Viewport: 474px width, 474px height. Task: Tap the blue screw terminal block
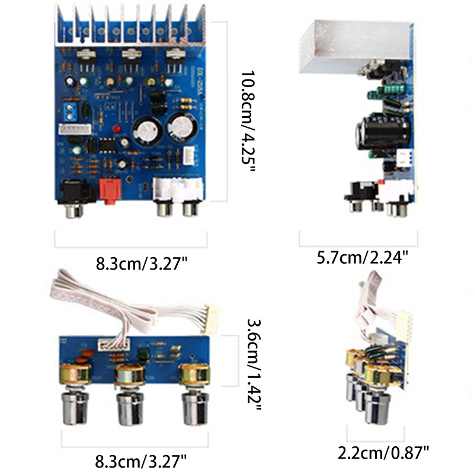click(x=68, y=110)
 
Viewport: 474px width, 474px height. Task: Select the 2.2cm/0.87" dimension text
click(x=383, y=453)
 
